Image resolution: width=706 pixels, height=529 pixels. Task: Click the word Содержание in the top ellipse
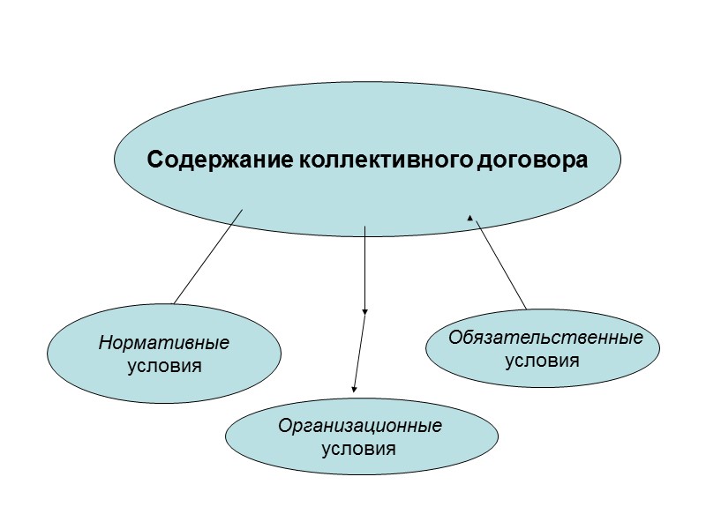tap(203, 160)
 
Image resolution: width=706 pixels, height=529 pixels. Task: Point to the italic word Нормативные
tap(163, 342)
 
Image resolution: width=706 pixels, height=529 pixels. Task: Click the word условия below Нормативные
tap(163, 364)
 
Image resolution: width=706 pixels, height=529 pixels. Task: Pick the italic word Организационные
tap(359, 427)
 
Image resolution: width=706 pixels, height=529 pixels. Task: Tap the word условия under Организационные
tap(359, 448)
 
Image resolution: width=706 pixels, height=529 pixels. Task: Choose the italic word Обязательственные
tap(545, 338)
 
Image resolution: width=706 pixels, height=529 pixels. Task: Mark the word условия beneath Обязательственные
tap(542, 360)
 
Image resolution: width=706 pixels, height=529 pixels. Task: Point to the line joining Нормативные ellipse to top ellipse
tap(208, 256)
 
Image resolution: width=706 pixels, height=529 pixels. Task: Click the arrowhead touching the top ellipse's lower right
tap(470, 216)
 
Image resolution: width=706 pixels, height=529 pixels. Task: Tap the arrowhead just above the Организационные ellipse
tap(355, 389)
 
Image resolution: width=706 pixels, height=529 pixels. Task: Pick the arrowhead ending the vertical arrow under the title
tap(364, 311)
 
